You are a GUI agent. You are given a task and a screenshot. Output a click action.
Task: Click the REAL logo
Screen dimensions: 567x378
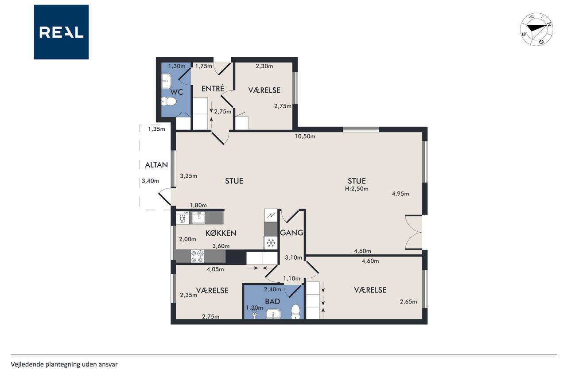61,32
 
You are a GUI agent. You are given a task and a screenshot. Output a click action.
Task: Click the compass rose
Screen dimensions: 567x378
536,29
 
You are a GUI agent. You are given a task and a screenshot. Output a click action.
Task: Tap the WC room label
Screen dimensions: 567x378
176,92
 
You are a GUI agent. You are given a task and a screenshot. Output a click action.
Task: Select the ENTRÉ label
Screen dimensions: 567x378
213,88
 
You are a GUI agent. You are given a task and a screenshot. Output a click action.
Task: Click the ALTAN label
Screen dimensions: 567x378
156,165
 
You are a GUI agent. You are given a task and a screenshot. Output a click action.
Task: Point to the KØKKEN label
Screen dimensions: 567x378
221,233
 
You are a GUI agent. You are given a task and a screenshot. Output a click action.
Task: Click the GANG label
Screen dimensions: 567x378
291,232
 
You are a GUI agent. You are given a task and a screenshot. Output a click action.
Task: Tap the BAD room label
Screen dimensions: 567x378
272,301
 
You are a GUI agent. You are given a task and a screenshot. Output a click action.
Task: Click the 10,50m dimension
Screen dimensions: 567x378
305,136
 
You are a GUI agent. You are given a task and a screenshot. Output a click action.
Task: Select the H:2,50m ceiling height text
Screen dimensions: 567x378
357,189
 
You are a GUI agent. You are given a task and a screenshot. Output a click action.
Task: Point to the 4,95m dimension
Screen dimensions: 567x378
400,194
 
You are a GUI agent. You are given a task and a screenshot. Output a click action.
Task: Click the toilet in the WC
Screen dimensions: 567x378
169,102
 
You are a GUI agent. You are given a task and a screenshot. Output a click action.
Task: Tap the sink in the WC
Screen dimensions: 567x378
167,81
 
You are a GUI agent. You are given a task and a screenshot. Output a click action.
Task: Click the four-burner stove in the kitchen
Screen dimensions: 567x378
197,256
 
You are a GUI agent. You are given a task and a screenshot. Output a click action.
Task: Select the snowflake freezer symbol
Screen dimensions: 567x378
271,243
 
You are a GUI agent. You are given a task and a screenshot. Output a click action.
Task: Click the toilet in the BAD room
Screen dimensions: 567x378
295,311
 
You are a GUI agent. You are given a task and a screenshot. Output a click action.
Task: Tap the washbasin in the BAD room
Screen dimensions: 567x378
273,314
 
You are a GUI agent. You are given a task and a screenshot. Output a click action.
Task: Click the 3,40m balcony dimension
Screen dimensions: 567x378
150,181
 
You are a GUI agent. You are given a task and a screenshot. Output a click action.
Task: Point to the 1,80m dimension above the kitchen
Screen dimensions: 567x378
198,205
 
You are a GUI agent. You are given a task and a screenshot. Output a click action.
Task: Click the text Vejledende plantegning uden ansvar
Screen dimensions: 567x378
64,364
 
